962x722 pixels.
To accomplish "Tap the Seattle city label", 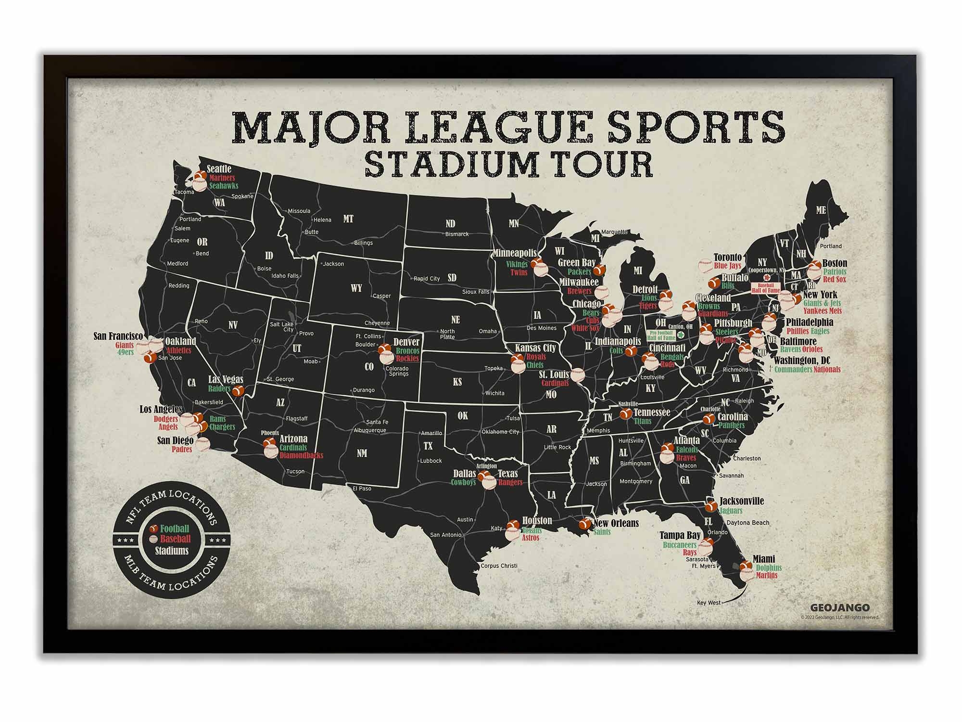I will (x=219, y=169).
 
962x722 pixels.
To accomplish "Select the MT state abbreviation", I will (x=348, y=219).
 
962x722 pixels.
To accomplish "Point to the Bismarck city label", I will (x=456, y=234).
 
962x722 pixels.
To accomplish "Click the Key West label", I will (x=709, y=603).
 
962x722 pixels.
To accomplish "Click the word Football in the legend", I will (x=175, y=529).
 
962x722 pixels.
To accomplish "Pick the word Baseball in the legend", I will (x=176, y=539).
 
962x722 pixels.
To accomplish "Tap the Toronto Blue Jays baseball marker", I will (x=706, y=265).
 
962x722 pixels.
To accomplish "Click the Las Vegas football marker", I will (x=238, y=391).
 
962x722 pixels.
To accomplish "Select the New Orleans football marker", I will (x=585, y=523).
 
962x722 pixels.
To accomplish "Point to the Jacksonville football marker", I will (x=710, y=506).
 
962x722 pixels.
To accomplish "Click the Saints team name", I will (x=602, y=532).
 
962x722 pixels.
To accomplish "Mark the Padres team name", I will (x=182, y=450).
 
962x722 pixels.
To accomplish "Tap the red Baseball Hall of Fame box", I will (x=765, y=288).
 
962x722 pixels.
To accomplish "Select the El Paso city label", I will (x=362, y=489).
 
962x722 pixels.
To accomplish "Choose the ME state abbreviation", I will (x=821, y=210).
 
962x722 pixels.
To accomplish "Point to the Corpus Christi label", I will (x=499, y=566).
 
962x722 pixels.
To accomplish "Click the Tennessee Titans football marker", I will (x=625, y=413).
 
